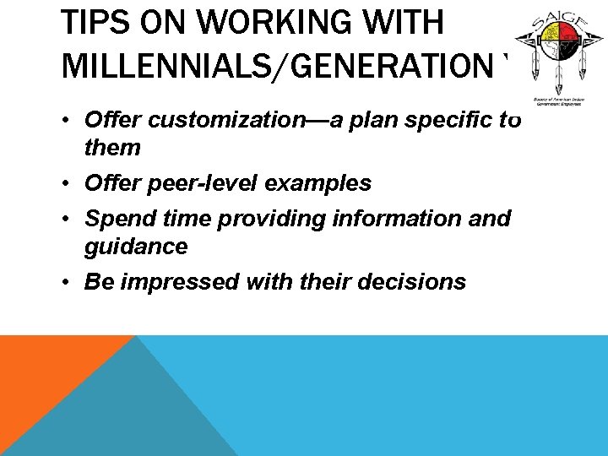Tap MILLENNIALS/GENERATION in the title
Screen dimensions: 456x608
[274, 67]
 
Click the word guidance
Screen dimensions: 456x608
[136, 247]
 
